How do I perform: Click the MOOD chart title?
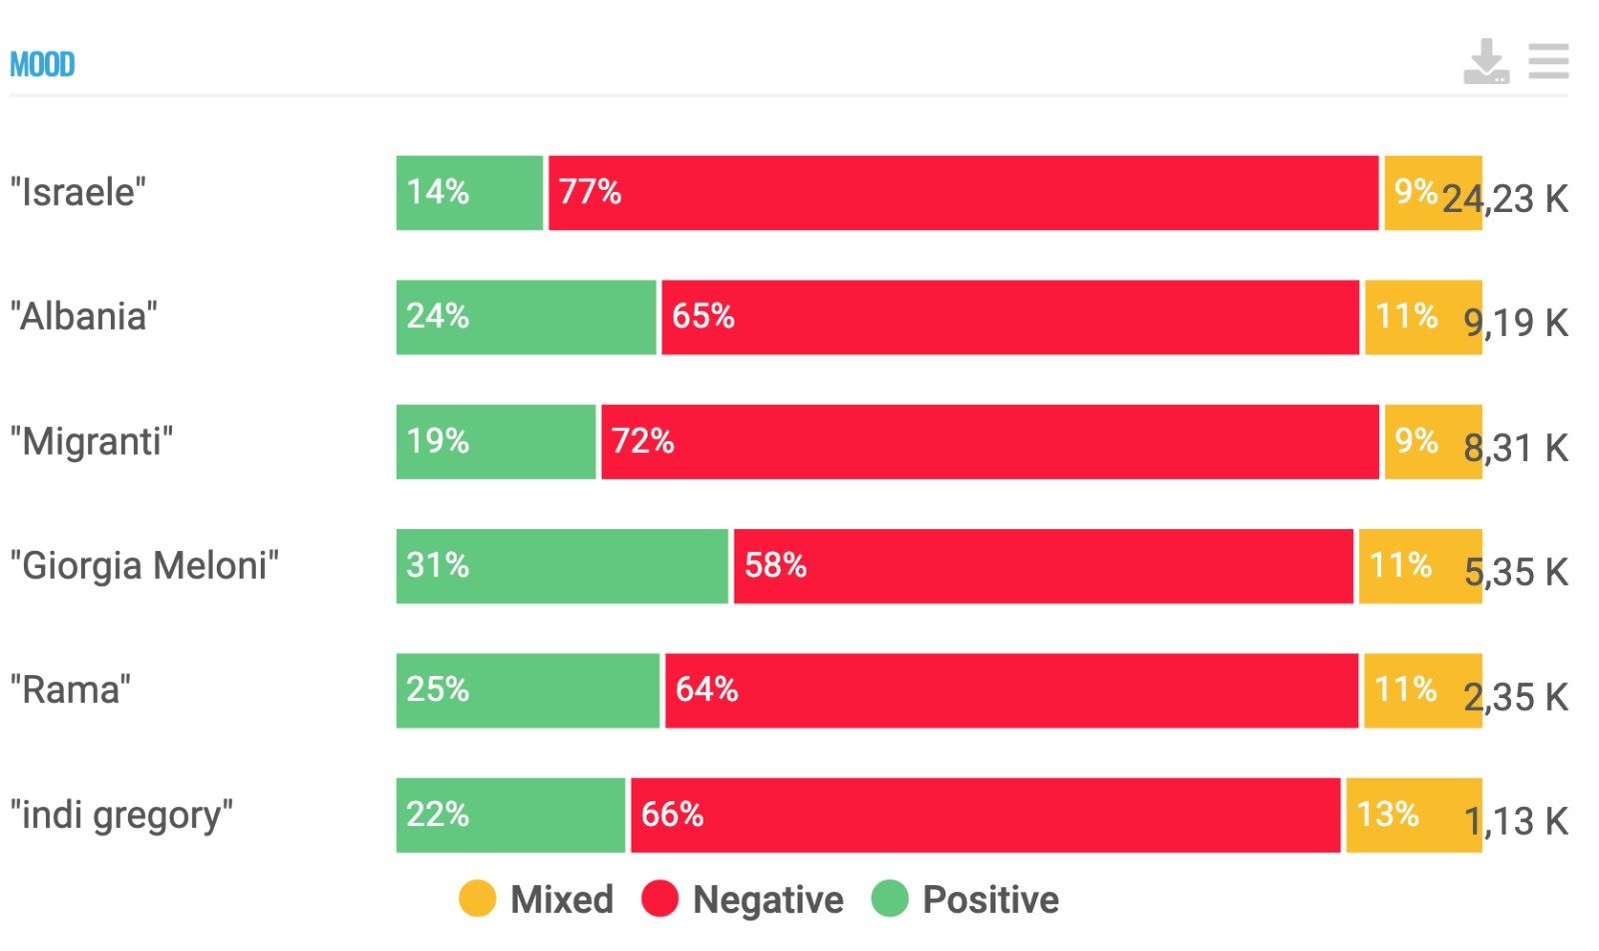coord(42,65)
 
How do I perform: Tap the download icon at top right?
coord(1485,62)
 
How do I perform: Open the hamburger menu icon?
coord(1548,61)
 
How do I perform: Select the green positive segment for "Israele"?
coord(469,193)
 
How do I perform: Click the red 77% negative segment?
coord(963,193)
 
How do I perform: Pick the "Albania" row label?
coord(84,317)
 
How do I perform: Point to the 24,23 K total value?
coord(1505,199)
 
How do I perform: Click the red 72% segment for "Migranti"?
coord(989,442)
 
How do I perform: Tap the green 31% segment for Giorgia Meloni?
coord(562,566)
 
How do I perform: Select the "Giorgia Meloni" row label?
coord(145,566)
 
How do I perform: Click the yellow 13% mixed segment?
coord(1413,815)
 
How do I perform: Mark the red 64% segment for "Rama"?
coord(1011,691)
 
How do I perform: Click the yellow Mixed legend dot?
coord(477,898)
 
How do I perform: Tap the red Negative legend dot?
coord(660,898)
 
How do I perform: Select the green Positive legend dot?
coord(889,898)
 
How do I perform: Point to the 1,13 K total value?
coord(1515,822)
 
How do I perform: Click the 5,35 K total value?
coord(1515,573)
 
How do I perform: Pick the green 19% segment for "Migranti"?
coord(496,442)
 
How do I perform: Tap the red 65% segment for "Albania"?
coord(1009,317)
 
